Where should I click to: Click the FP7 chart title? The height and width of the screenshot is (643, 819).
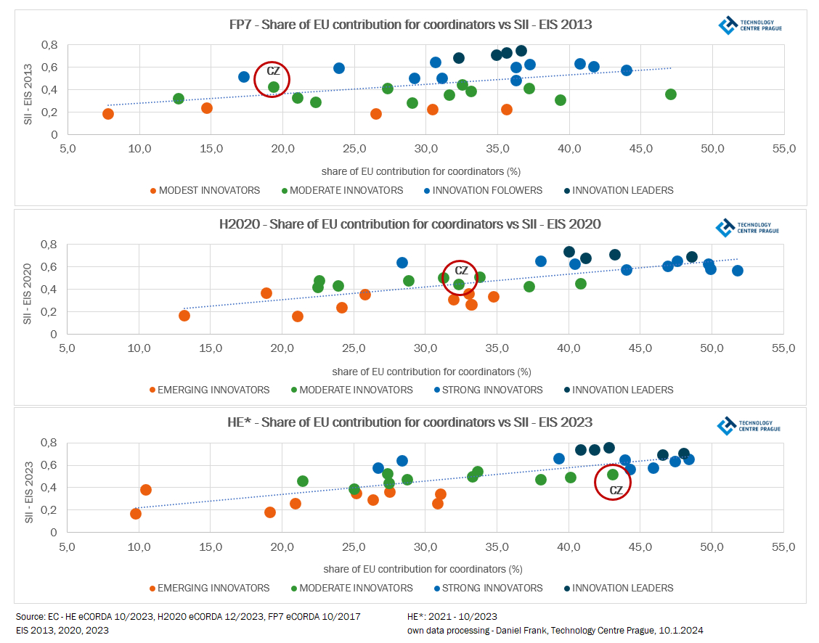click(410, 25)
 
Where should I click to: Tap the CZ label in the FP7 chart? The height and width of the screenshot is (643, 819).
click(273, 70)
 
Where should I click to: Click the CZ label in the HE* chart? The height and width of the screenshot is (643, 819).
click(616, 491)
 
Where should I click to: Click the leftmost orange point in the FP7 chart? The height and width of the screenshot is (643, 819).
click(108, 114)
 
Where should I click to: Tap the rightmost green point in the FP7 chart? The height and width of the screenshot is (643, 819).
click(671, 94)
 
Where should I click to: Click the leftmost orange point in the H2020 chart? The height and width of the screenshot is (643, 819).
click(184, 316)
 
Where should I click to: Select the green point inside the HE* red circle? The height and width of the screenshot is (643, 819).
click(613, 475)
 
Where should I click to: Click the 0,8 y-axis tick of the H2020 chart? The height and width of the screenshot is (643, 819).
click(49, 244)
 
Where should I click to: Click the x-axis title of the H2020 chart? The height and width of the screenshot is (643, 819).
click(431, 372)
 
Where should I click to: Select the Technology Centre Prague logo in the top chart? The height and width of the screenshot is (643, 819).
click(749, 26)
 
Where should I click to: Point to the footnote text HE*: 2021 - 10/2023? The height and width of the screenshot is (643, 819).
click(452, 617)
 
